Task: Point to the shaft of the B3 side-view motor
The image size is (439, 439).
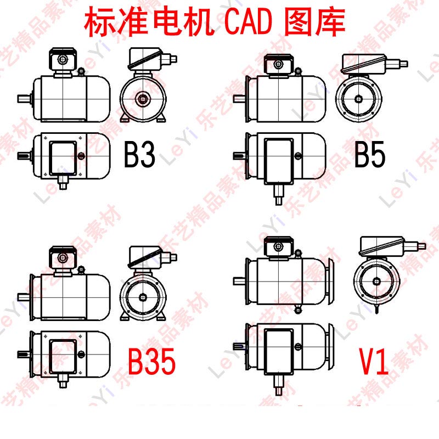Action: point(24,99)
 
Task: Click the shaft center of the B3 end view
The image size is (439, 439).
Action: point(144,99)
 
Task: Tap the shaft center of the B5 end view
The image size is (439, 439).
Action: point(358,99)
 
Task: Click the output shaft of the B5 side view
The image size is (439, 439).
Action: point(239,99)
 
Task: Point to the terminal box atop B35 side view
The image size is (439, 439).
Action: point(61,257)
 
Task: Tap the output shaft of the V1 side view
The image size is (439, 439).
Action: point(239,280)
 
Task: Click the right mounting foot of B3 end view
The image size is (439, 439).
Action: point(161,120)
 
